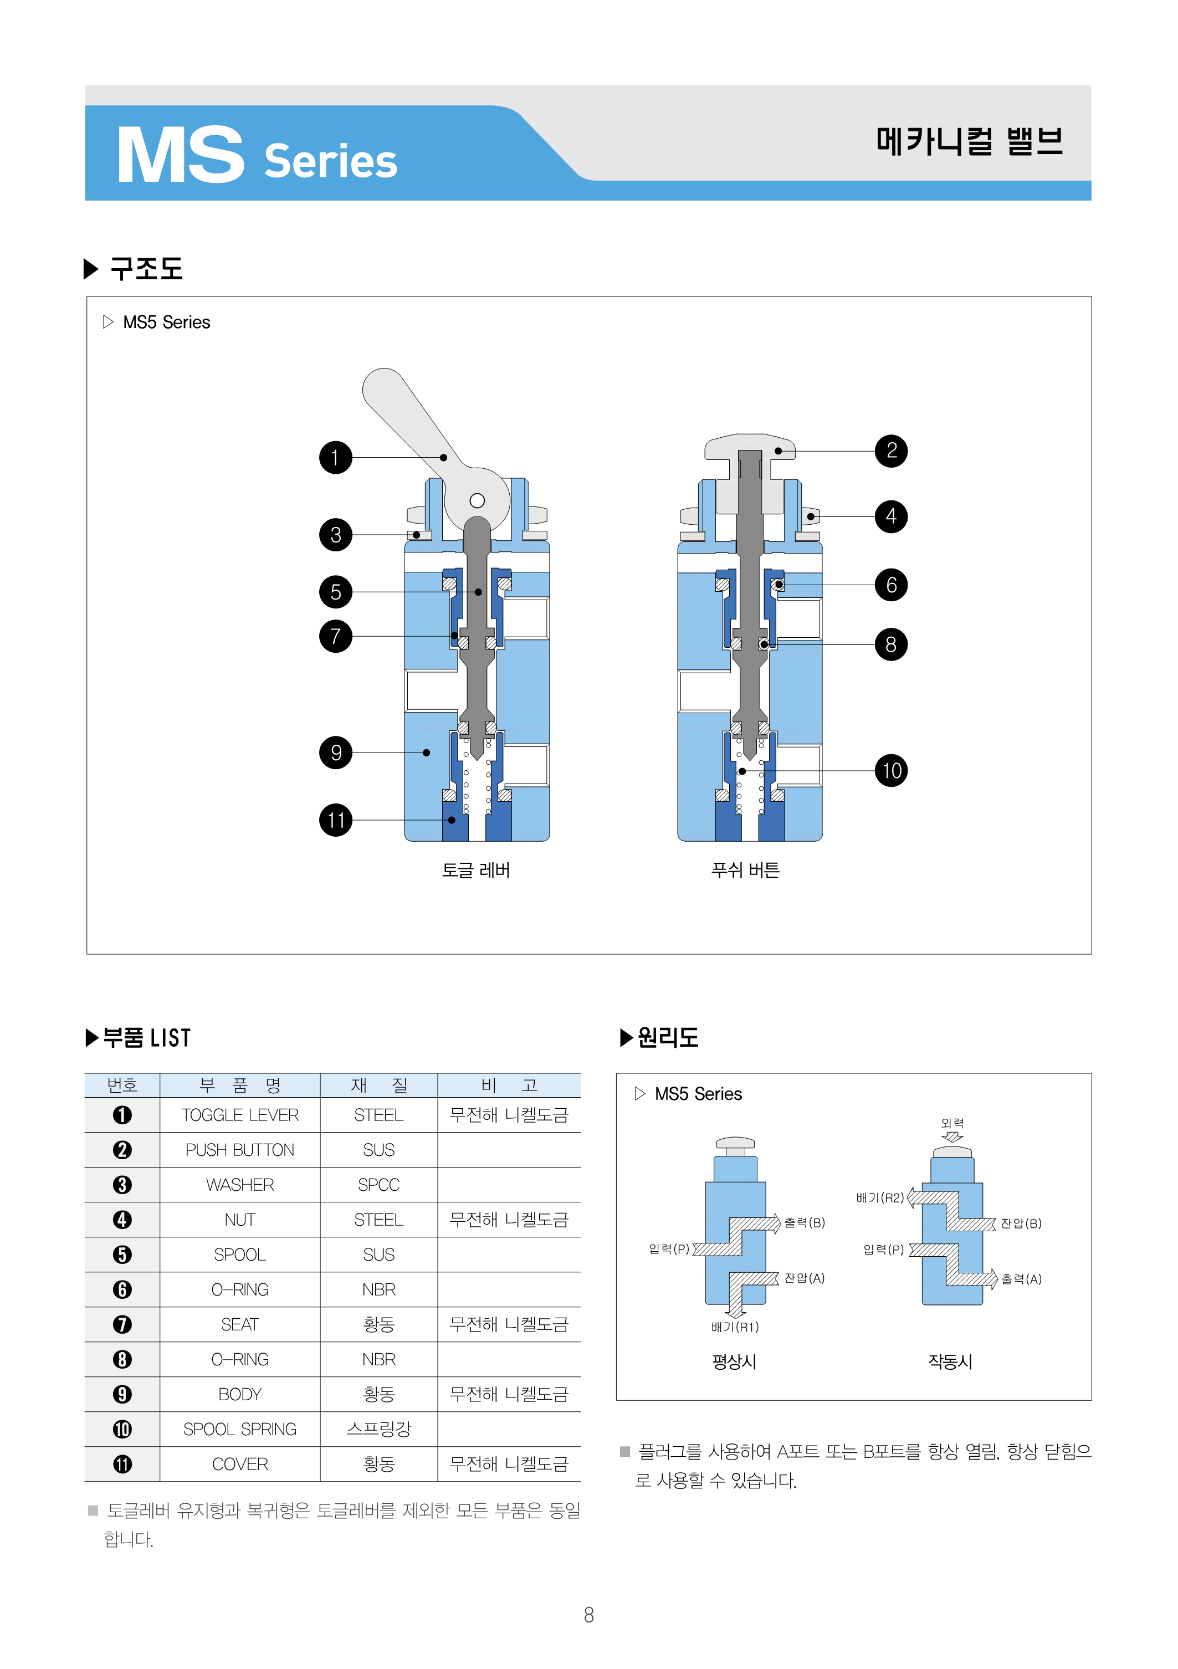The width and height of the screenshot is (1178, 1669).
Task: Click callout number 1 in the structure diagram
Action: (335, 457)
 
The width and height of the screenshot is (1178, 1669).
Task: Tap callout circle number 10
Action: (891, 771)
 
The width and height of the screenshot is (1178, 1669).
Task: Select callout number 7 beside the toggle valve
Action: (335, 636)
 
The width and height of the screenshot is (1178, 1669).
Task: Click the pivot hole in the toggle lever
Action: (477, 500)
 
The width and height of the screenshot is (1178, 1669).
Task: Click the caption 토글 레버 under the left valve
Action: (476, 870)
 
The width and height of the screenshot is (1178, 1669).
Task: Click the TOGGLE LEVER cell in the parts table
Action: (240, 1115)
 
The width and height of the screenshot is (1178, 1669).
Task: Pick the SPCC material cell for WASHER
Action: (378, 1185)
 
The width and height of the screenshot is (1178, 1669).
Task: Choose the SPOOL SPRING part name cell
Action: (240, 1429)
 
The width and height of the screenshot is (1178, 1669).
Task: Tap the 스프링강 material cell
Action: (378, 1429)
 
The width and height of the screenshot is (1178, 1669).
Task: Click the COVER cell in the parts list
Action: (240, 1464)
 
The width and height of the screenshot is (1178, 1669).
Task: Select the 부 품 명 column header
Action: (240, 1086)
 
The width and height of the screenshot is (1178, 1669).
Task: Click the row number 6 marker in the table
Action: (122, 1289)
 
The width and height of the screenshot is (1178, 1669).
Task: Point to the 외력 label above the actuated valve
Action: (952, 1123)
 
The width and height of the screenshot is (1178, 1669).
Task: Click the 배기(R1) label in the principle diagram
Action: (735, 1327)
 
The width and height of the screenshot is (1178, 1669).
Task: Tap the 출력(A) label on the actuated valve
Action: (1021, 1279)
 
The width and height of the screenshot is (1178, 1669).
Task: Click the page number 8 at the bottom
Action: (588, 1615)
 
